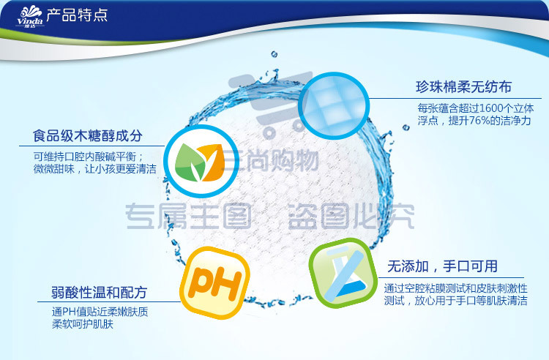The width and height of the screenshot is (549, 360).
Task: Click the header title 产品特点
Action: pyautogui.click(x=77, y=15)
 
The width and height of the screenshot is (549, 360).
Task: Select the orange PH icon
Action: pyautogui.click(x=215, y=282)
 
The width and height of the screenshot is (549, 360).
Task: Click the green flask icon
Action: pyautogui.click(x=343, y=272)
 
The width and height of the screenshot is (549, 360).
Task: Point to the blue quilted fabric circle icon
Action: pyautogui.click(x=334, y=106)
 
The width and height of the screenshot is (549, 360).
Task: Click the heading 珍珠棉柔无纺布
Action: pyautogui.click(x=463, y=87)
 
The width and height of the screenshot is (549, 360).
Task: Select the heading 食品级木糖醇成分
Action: pyautogui.click(x=88, y=136)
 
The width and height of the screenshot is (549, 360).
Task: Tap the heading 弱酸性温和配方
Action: pyautogui.click(x=99, y=293)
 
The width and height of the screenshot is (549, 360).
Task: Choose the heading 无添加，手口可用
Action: pyautogui.click(x=442, y=266)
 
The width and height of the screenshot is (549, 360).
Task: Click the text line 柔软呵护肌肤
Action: pyautogui.click(x=83, y=324)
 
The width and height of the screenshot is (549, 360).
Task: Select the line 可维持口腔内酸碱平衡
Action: pyautogui.click(x=89, y=157)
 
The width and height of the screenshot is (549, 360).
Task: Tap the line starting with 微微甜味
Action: pyautogui.click(x=95, y=169)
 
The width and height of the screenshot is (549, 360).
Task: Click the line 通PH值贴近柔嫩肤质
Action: pyautogui.click(x=100, y=312)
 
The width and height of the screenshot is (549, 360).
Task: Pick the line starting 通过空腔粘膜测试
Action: pyautogui.click(x=455, y=288)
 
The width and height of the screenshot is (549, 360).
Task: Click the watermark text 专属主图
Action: pyautogui.click(x=188, y=216)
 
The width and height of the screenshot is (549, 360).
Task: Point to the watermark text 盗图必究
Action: pyautogui.click(x=351, y=216)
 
